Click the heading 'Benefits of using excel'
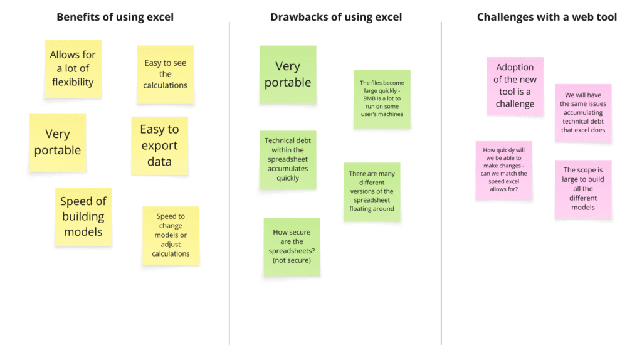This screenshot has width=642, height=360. pyautogui.click(x=115, y=17)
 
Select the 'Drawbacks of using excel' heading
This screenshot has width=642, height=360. pyautogui.click(x=336, y=17)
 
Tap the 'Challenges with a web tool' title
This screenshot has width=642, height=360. pyautogui.click(x=547, y=17)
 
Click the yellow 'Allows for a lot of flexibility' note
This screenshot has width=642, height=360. pyautogui.click(x=73, y=68)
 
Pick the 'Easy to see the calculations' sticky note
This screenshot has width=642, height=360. pyautogui.click(x=166, y=74)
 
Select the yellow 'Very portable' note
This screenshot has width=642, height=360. pyautogui.click(x=58, y=142)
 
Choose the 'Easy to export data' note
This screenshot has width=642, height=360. pyautogui.click(x=159, y=146)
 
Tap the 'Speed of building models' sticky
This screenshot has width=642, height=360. pyautogui.click(x=83, y=216)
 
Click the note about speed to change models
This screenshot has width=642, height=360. pyautogui.click(x=171, y=235)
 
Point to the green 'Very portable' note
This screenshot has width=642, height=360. pyautogui.click(x=288, y=75)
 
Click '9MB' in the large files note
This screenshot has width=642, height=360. pyautogui.click(x=369, y=98)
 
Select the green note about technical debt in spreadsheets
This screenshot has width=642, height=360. pyautogui.click(x=288, y=159)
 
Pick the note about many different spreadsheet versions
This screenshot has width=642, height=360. pyautogui.click(x=372, y=191)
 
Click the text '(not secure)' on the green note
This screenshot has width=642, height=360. pyautogui.click(x=292, y=260)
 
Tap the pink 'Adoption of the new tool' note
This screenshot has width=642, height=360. pyautogui.click(x=515, y=86)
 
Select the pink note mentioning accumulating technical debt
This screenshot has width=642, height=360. pyautogui.click(x=583, y=113)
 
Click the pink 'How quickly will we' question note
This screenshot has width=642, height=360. pyautogui.click(x=503, y=169)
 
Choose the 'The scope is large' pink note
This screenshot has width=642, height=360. pyautogui.click(x=582, y=189)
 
